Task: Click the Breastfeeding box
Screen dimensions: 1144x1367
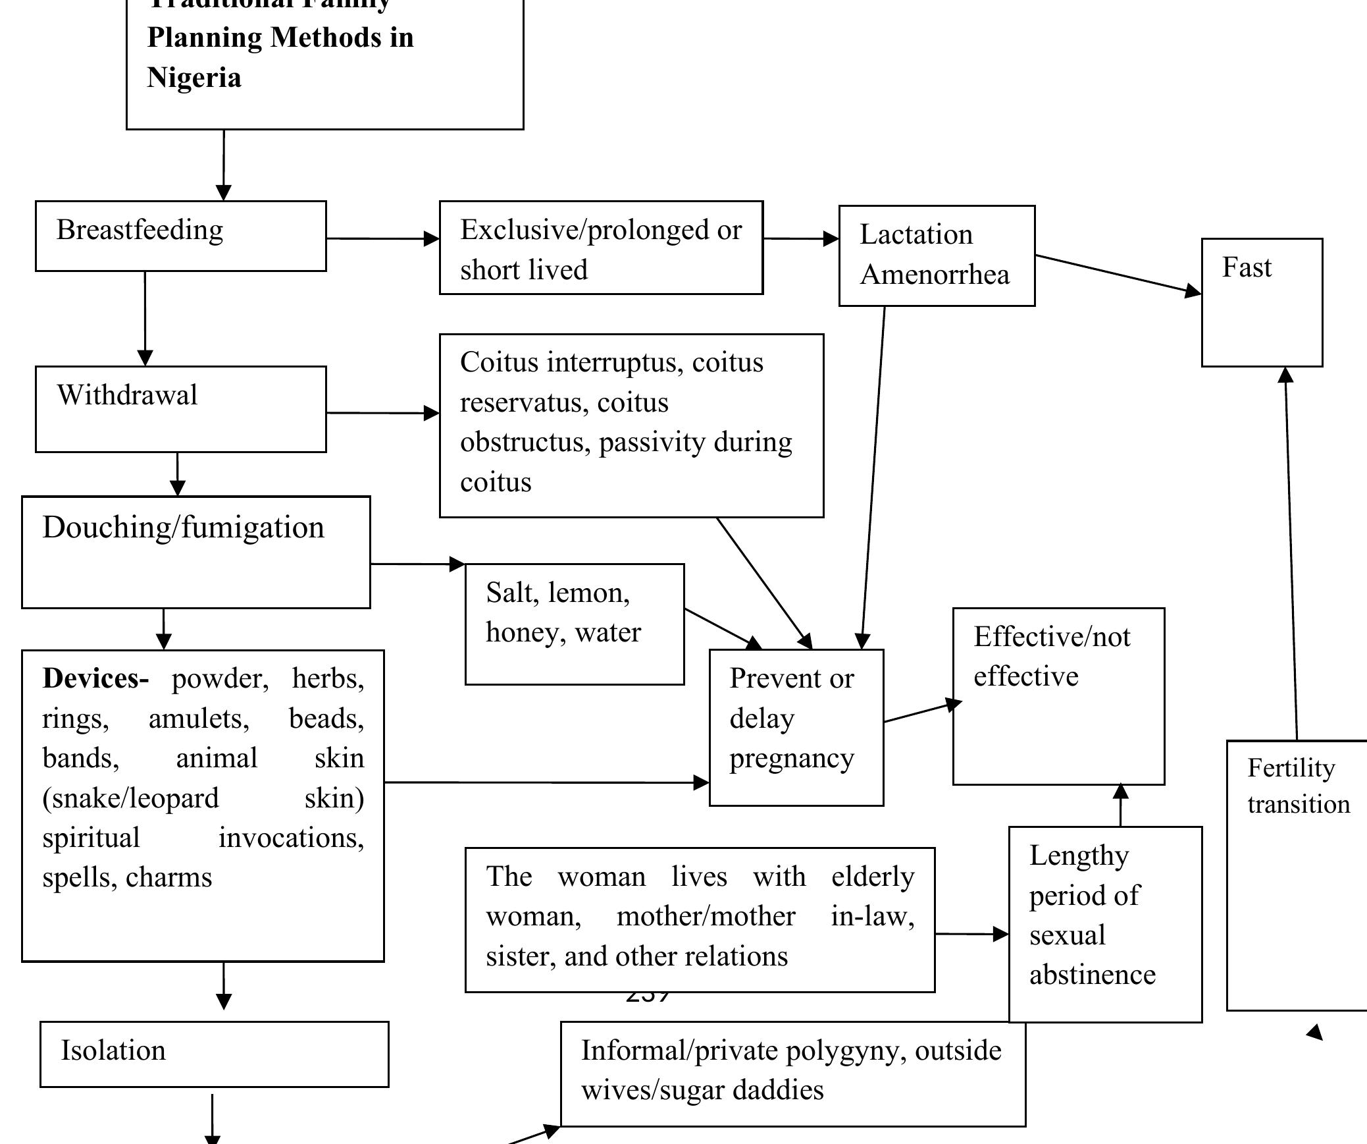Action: (180, 236)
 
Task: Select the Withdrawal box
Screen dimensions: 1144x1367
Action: (180, 409)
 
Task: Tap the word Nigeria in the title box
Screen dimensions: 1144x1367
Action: (194, 78)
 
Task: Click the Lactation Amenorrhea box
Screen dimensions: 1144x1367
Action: (936, 255)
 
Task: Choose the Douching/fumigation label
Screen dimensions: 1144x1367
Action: (184, 528)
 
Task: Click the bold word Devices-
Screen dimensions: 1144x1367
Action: (95, 678)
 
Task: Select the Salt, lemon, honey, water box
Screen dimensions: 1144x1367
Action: (574, 623)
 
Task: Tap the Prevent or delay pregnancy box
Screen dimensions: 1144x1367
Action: (796, 726)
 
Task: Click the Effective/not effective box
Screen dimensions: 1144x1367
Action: (1058, 695)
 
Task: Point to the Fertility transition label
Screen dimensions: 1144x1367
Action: (1297, 786)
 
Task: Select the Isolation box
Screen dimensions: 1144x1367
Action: (214, 1054)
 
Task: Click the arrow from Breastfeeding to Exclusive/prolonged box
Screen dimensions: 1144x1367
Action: (382, 238)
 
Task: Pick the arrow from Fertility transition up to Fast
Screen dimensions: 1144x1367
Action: (1291, 553)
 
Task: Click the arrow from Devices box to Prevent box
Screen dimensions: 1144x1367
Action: (546, 782)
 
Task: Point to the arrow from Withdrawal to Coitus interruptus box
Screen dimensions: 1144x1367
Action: (382, 413)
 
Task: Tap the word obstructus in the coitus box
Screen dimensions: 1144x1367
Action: (525, 443)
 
